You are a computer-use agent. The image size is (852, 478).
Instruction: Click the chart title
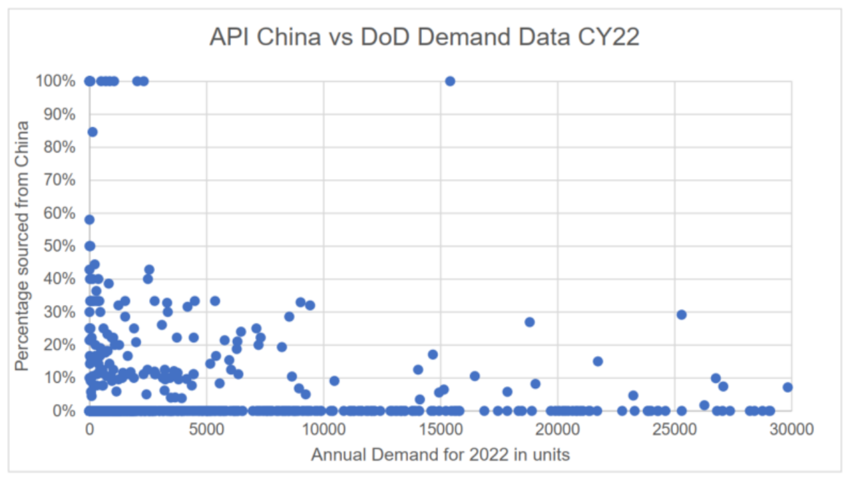pyautogui.click(x=424, y=37)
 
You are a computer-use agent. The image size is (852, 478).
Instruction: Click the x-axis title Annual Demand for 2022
pyautogui.click(x=440, y=455)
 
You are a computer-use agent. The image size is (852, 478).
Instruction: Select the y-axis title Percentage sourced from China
pyautogui.click(x=23, y=246)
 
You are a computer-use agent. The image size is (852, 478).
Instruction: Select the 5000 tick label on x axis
pyautogui.click(x=206, y=429)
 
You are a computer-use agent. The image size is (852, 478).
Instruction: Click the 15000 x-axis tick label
pyautogui.click(x=441, y=429)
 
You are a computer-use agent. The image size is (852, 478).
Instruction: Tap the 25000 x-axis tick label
pyautogui.click(x=675, y=429)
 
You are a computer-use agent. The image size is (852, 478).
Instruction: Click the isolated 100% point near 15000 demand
pyautogui.click(x=450, y=81)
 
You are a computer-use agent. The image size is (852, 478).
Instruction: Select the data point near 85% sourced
pyautogui.click(x=93, y=132)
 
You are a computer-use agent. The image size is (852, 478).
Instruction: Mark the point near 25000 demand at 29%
pyautogui.click(x=681, y=314)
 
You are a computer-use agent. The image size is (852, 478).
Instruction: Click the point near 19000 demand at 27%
pyautogui.click(x=530, y=322)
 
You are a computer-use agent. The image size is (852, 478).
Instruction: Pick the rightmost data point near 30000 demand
pyautogui.click(x=787, y=387)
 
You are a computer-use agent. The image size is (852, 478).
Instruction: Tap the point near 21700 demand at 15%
pyautogui.click(x=598, y=361)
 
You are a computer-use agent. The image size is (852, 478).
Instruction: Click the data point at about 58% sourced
pyautogui.click(x=90, y=220)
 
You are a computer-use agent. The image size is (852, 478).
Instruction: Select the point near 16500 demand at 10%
pyautogui.click(x=475, y=375)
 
